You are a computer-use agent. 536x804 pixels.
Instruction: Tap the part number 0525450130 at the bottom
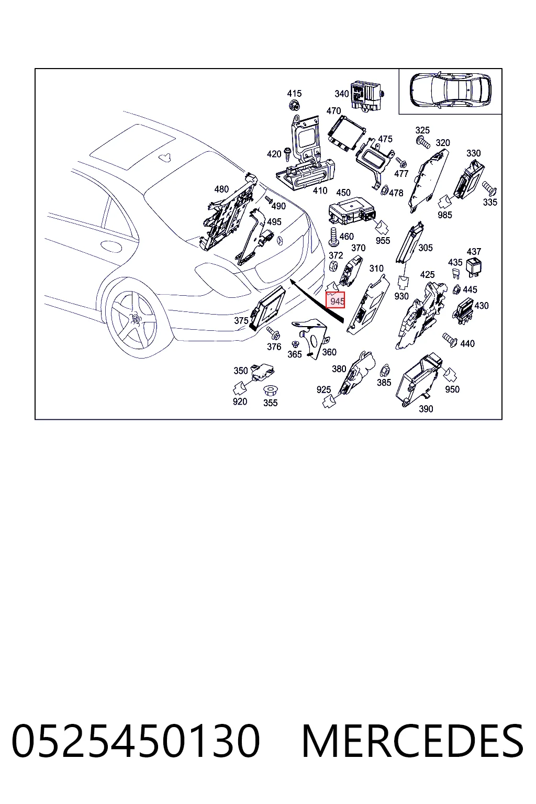click(136, 742)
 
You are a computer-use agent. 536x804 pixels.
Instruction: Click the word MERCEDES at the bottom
click(412, 742)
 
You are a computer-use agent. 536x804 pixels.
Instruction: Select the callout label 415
click(294, 93)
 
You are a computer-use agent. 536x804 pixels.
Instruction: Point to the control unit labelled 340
click(367, 96)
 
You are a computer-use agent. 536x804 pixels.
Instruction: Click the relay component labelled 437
click(474, 266)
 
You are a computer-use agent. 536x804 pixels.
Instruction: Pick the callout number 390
click(426, 408)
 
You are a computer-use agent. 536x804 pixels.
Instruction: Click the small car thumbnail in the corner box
click(450, 90)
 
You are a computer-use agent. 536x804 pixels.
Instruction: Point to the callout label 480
click(221, 189)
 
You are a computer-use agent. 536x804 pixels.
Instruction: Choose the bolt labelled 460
click(333, 237)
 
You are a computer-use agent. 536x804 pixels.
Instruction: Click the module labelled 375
click(268, 308)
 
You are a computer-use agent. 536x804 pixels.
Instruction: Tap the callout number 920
click(239, 401)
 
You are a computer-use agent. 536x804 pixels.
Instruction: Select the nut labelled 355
click(269, 390)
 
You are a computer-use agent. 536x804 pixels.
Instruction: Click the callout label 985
click(444, 215)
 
